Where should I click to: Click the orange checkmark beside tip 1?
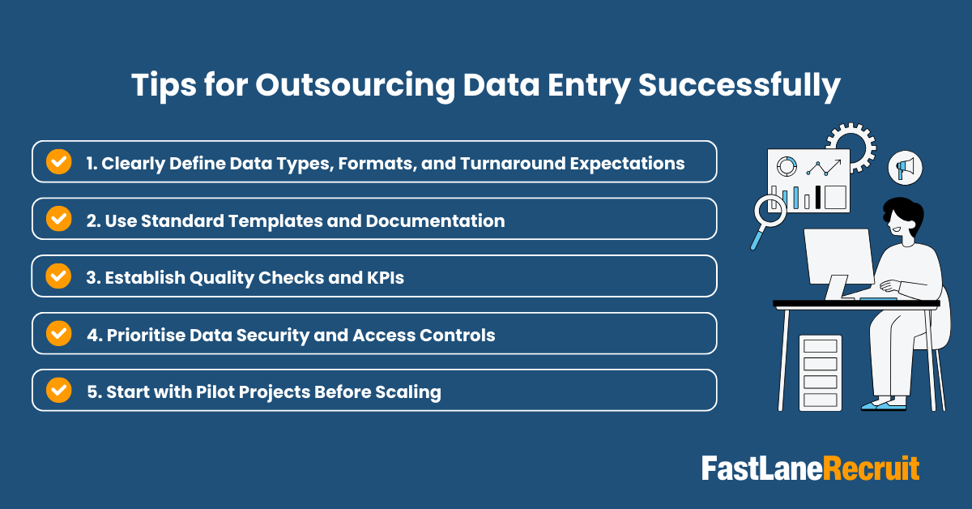click(58, 161)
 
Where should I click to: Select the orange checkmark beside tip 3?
click(58, 276)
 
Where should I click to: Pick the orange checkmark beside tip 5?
click(58, 390)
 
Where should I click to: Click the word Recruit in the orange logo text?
click(872, 468)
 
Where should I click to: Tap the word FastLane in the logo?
click(761, 468)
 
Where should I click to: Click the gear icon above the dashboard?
click(851, 145)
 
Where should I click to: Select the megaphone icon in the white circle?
click(905, 169)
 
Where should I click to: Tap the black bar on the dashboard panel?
click(818, 197)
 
